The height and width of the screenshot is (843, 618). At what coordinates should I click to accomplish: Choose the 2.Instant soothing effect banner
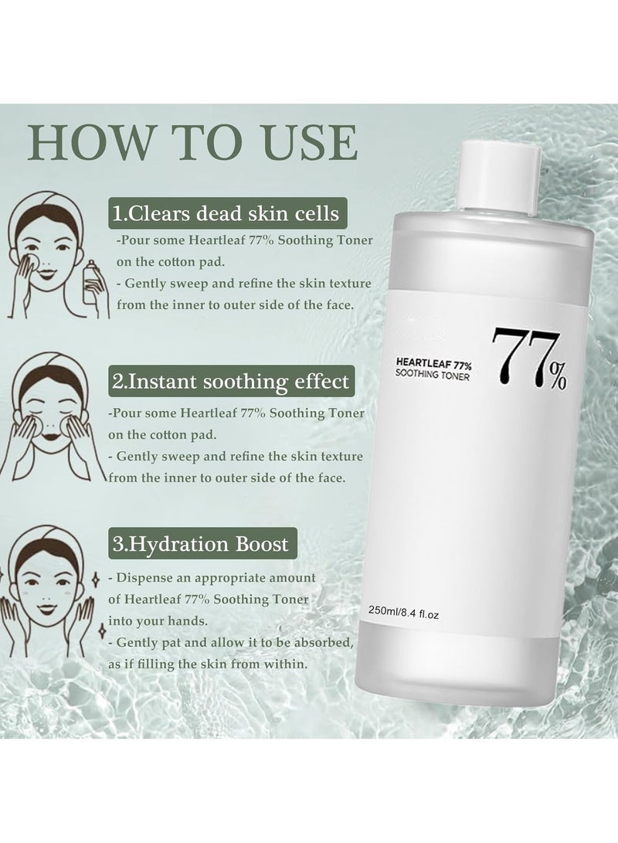(231, 381)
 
